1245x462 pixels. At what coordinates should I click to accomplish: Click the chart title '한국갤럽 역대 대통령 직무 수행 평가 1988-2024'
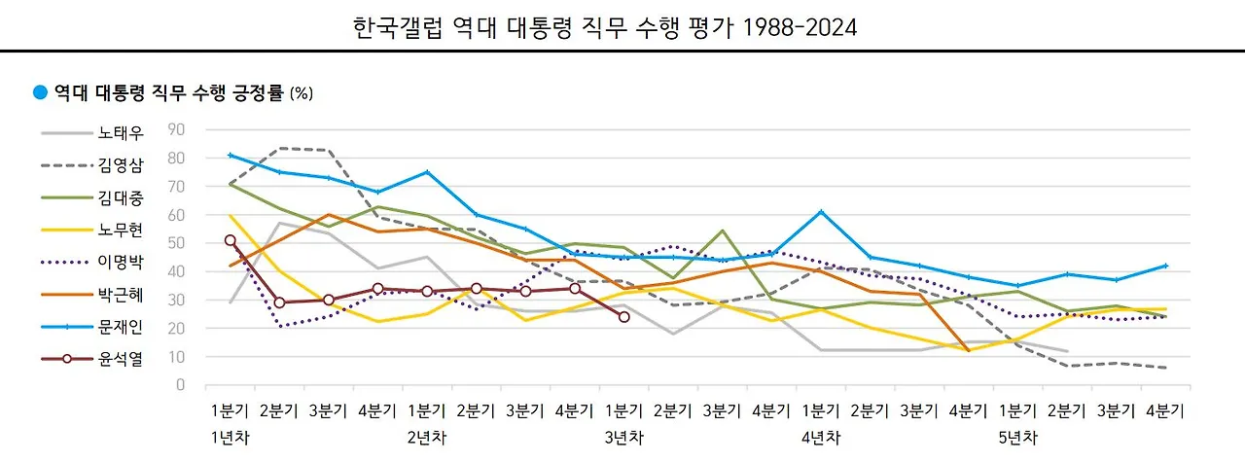pyautogui.click(x=604, y=27)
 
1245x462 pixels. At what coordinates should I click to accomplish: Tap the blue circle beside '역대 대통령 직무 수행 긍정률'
pyautogui.click(x=40, y=93)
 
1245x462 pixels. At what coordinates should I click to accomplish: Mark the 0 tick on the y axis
pyautogui.click(x=180, y=385)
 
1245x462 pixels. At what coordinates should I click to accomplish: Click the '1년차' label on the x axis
pyautogui.click(x=230, y=438)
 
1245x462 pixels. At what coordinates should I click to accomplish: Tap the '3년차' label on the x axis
pyautogui.click(x=622, y=438)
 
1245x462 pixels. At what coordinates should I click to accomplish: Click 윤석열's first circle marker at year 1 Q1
pyautogui.click(x=230, y=240)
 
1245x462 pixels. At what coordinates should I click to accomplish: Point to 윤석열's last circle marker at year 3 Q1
pyautogui.click(x=623, y=317)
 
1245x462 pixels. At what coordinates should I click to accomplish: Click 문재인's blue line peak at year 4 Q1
pyautogui.click(x=821, y=211)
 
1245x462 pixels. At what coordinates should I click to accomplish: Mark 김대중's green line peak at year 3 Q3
pyautogui.click(x=722, y=231)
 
